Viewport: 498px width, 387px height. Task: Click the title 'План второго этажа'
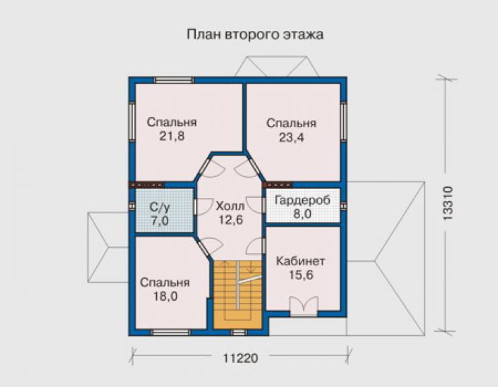pyautogui.click(x=255, y=34)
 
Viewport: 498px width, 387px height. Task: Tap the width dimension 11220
pyautogui.click(x=240, y=359)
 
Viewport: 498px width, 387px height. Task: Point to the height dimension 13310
pyautogui.click(x=447, y=203)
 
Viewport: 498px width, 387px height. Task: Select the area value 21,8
pyautogui.click(x=172, y=136)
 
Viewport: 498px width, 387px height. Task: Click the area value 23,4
pyautogui.click(x=291, y=137)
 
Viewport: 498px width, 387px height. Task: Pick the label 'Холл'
pyautogui.click(x=230, y=206)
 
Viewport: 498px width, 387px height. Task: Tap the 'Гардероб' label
pyautogui.click(x=302, y=201)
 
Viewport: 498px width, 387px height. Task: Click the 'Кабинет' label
pyautogui.click(x=300, y=261)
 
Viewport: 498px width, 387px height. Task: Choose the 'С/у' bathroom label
pyautogui.click(x=159, y=207)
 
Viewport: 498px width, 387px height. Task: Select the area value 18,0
pyautogui.click(x=166, y=296)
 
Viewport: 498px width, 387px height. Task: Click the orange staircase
pyautogui.click(x=238, y=295)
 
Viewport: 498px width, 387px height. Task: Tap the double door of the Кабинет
pyautogui.click(x=304, y=306)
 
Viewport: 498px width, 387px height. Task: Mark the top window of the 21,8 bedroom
pyautogui.click(x=174, y=80)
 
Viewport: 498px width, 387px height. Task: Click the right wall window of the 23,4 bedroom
pyautogui.click(x=343, y=120)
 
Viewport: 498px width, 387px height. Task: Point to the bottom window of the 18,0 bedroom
pyautogui.click(x=170, y=332)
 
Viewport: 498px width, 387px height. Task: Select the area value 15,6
pyautogui.click(x=301, y=275)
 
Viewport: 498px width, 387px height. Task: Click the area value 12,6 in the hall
pyautogui.click(x=231, y=219)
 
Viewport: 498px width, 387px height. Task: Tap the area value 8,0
pyautogui.click(x=302, y=214)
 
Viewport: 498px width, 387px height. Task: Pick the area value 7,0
pyautogui.click(x=159, y=221)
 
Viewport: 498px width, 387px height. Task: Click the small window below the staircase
pyautogui.click(x=239, y=332)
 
